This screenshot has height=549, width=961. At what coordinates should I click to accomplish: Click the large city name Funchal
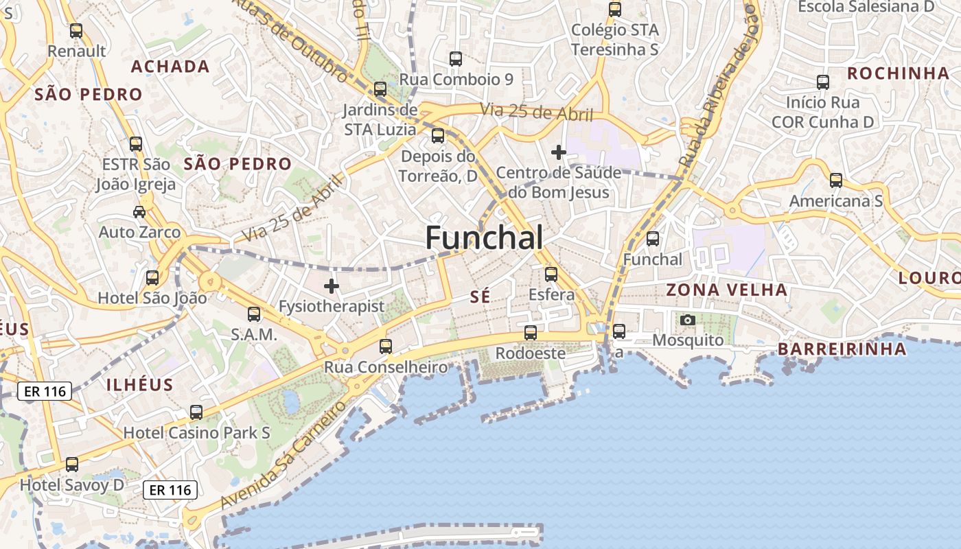tap(484, 237)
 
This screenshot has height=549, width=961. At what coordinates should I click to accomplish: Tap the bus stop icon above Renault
tap(76, 31)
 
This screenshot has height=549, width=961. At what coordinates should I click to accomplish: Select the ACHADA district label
tap(170, 67)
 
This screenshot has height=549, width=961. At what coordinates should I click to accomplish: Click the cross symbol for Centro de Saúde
tap(559, 152)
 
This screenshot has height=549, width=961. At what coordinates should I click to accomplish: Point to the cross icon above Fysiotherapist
tap(332, 285)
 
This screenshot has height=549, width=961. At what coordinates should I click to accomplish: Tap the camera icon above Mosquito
tap(687, 320)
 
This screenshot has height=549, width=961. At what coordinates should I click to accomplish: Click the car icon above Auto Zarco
tap(139, 212)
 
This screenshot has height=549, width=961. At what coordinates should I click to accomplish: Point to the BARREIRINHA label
tap(842, 349)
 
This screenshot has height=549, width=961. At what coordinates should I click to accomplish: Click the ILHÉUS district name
tap(140, 384)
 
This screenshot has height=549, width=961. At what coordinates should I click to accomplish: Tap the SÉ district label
tap(480, 296)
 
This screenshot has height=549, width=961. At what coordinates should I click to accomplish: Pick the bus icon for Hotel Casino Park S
tap(196, 412)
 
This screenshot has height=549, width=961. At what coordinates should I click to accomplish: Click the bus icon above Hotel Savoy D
tap(72, 465)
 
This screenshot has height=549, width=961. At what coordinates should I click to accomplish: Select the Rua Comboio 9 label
tap(456, 80)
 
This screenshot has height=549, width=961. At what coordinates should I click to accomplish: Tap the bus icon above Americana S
tap(835, 180)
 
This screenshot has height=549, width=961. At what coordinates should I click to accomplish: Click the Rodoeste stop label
tap(531, 353)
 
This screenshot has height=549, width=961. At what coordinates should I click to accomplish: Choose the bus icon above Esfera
tap(551, 274)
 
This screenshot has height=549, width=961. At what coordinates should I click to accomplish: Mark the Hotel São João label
tap(152, 298)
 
